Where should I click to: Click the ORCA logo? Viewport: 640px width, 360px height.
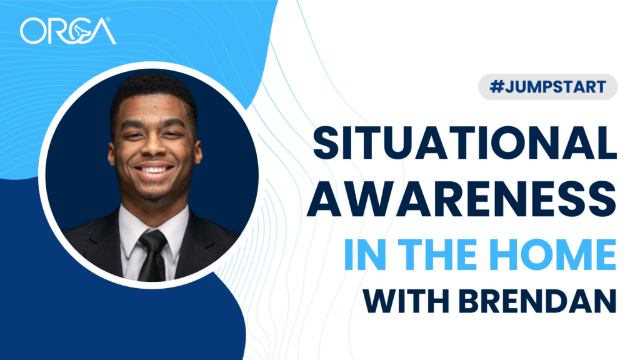(67, 31)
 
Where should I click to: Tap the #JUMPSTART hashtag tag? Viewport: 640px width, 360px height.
(547, 87)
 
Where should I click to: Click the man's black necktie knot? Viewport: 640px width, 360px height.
(154, 238)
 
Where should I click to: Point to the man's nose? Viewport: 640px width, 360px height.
(154, 148)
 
